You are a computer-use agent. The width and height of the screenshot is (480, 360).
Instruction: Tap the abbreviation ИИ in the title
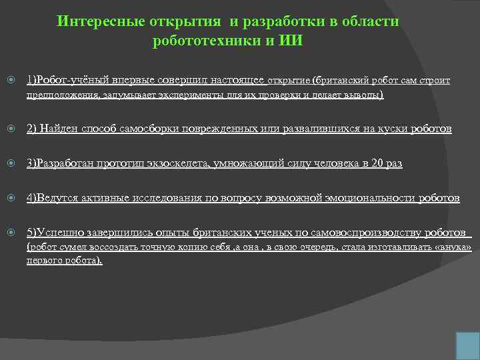tap(291, 40)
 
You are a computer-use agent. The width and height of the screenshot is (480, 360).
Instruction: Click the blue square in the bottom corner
tap(466, 345)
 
